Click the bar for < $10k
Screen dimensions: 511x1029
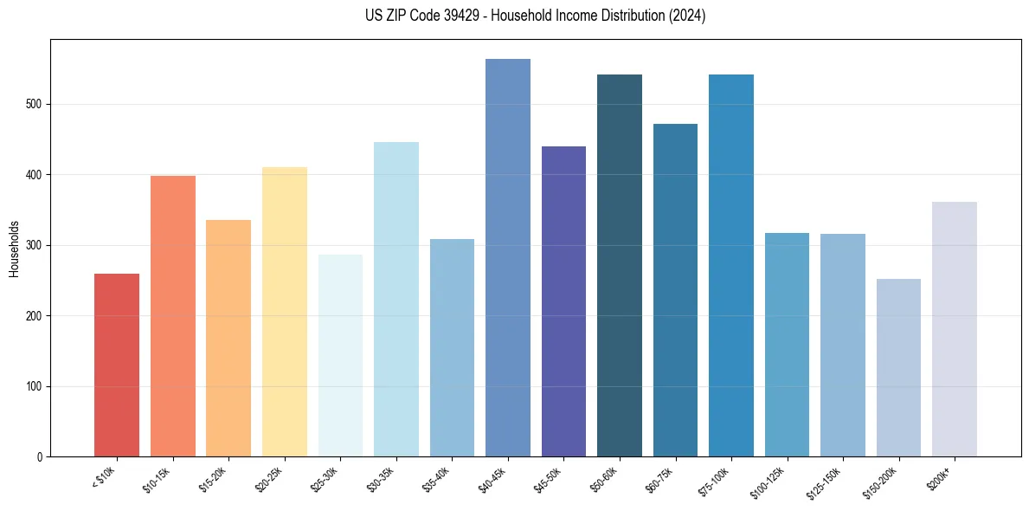point(117,365)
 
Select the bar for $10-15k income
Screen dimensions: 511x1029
point(172,316)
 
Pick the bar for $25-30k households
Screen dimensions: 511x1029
point(340,355)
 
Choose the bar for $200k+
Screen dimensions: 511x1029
point(955,329)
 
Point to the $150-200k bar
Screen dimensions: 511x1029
point(898,367)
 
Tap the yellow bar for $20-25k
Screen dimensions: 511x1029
point(284,312)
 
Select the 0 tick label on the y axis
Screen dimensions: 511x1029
point(40,456)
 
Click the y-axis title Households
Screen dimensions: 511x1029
point(14,248)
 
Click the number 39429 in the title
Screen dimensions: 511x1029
point(457,16)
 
